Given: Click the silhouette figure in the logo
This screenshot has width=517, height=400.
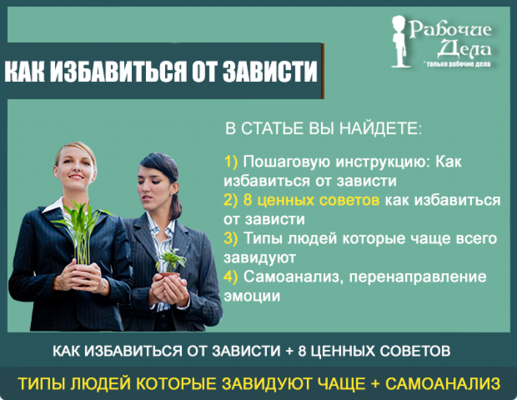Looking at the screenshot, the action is pos(400,41).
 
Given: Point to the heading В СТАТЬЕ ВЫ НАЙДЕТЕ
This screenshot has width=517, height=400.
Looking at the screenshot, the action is pos(323,128).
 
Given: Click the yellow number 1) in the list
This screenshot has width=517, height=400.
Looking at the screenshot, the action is pos(231,162).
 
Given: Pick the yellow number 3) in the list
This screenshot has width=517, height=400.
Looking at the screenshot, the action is pos(230,238).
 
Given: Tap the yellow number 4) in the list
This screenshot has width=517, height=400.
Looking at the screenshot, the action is pos(230,277).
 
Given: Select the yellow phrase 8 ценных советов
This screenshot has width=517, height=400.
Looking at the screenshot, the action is pos(311,200).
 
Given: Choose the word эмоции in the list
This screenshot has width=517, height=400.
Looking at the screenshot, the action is pos(252,296).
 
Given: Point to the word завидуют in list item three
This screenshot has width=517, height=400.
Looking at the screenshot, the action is pos(260,258).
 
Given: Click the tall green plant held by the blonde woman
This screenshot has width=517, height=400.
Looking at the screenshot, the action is pos(80,231).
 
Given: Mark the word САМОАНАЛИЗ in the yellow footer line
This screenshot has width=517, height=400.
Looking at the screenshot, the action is pos(443,383).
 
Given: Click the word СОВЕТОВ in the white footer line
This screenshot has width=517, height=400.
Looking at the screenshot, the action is pos(415,351).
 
